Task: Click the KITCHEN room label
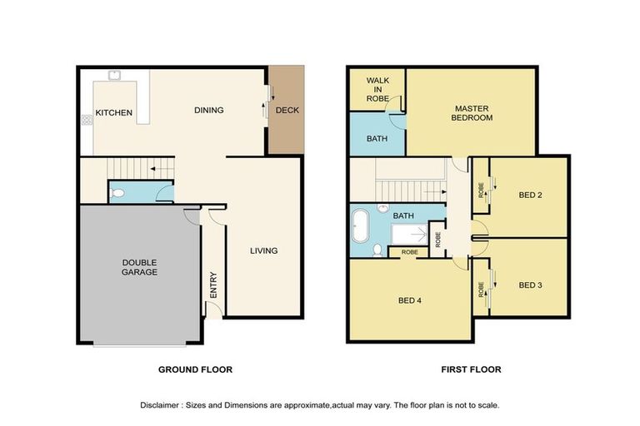(x=114, y=112)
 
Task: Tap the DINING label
(x=208, y=110)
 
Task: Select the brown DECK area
(x=287, y=110)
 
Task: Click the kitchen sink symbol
(x=114, y=76)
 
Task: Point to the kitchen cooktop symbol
(x=87, y=120)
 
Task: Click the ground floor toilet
(x=117, y=193)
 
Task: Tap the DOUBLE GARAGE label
(x=139, y=267)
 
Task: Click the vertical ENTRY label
(x=213, y=285)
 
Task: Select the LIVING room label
(x=263, y=250)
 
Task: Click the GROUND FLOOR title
(x=195, y=369)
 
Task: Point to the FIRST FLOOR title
(x=471, y=369)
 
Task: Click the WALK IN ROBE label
(x=377, y=89)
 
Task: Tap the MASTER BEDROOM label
(x=472, y=113)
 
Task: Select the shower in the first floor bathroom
(x=409, y=235)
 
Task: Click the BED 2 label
(x=530, y=195)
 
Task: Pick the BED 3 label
(x=530, y=285)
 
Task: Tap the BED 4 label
(x=410, y=300)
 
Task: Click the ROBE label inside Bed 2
(x=481, y=190)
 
